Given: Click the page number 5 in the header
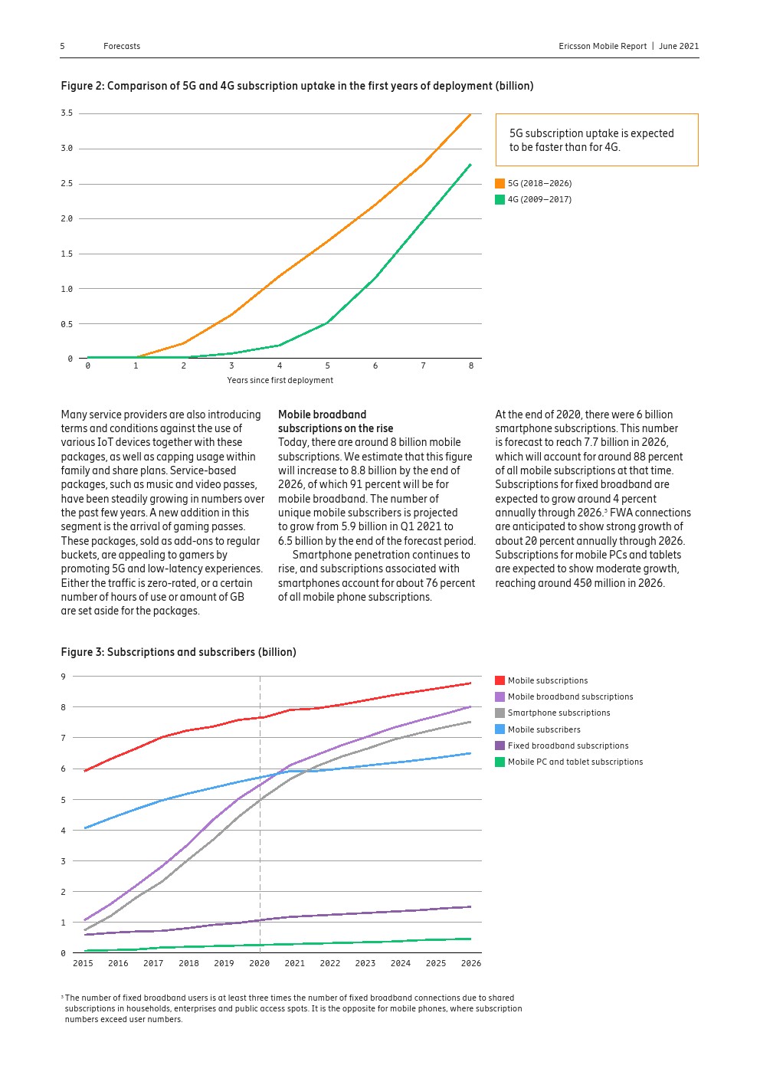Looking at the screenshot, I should (63, 46).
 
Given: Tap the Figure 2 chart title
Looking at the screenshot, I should (296, 86).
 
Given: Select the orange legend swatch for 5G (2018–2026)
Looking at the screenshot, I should (500, 184).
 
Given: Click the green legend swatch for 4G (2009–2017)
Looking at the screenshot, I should (500, 200).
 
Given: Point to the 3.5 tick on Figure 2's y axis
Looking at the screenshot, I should (67, 113).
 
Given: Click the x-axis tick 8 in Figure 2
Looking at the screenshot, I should (470, 366).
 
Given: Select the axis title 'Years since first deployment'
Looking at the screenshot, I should (280, 380).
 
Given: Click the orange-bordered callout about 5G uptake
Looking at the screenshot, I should (596, 139).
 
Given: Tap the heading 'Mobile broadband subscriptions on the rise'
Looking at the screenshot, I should (335, 421).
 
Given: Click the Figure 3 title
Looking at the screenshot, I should (178, 652).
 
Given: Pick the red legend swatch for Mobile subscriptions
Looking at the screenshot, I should (500, 680).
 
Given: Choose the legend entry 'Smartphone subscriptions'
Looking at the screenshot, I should (559, 713).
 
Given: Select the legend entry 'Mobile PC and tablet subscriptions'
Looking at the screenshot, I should (575, 762).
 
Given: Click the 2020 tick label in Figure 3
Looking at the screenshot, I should (260, 963).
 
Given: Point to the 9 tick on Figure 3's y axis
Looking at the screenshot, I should (64, 677).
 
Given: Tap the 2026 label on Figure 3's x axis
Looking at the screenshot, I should (470, 963).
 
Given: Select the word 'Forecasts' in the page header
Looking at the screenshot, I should (122, 46).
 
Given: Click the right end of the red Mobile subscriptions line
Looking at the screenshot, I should (470, 683).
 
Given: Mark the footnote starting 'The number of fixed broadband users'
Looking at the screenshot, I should (291, 1008).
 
